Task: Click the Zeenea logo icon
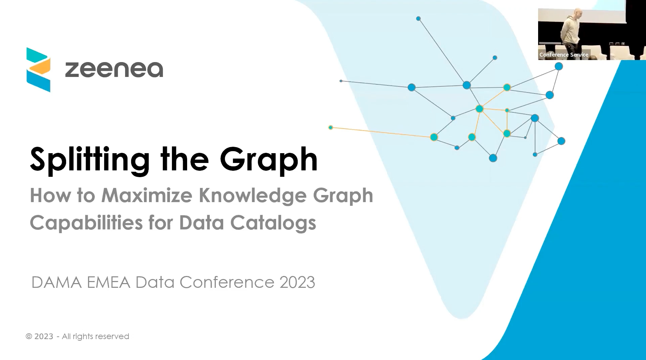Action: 38,70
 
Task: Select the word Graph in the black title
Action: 269,159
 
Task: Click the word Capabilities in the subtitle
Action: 86,223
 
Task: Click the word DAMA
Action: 57,282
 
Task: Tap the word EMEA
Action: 109,282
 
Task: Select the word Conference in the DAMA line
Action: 227,282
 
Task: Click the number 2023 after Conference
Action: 297,282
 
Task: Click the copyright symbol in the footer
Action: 29,336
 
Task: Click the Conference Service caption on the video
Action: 564,55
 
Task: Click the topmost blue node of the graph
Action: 418,19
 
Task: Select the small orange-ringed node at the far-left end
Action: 331,128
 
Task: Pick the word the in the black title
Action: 185,159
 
